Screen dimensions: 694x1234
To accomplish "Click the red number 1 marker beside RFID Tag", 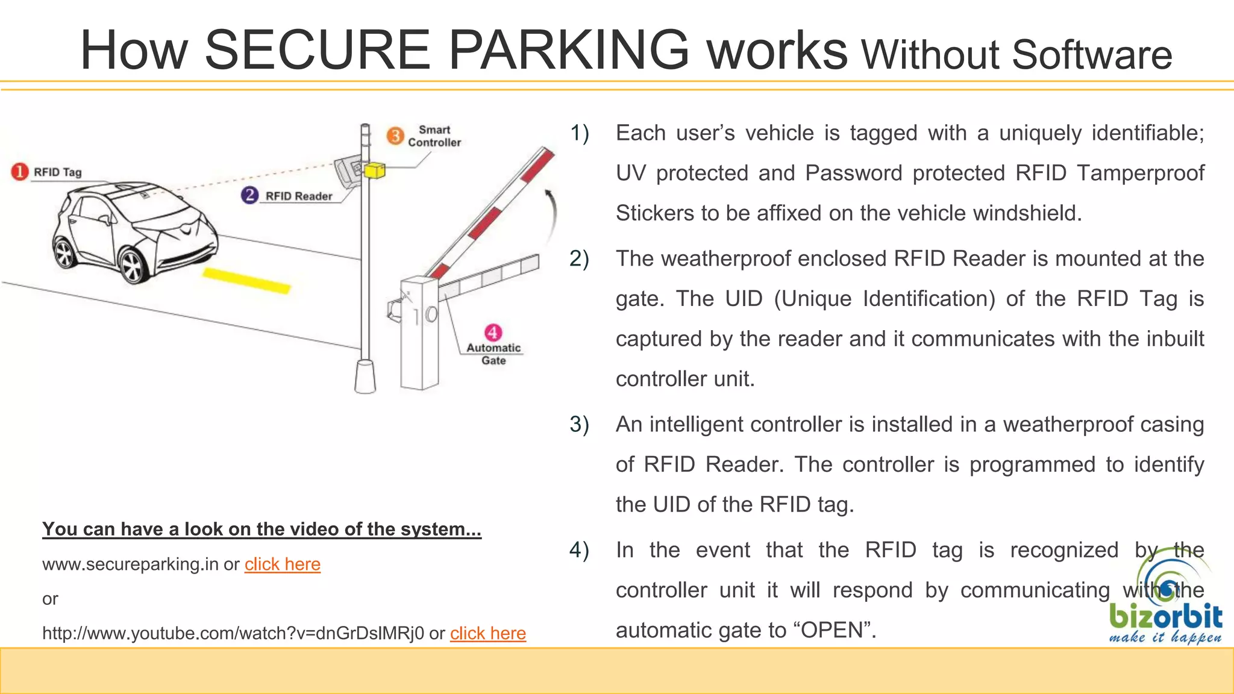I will click(19, 172).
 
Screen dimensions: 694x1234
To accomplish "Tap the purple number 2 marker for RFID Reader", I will click(249, 195).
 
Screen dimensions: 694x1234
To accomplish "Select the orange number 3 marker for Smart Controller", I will click(395, 136).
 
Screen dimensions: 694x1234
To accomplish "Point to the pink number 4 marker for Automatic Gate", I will click(493, 332).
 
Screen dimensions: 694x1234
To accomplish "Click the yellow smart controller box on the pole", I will click(374, 170).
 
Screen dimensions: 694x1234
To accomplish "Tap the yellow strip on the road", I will click(246, 281).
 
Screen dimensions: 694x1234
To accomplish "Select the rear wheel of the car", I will click(64, 252).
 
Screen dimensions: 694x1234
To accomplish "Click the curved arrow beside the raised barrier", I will click(551, 214).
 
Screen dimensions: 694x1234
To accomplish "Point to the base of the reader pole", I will click(365, 377).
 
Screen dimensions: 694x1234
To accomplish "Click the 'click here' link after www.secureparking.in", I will click(282, 564).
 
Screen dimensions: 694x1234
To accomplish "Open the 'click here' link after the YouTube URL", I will click(487, 633).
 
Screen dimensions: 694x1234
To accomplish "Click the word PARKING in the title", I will click(568, 50).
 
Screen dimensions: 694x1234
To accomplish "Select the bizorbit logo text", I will click(1165, 616).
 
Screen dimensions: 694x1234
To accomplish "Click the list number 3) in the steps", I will click(578, 424).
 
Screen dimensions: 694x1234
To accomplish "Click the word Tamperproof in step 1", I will click(1140, 173).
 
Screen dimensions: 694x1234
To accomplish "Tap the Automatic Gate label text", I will click(493, 354).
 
